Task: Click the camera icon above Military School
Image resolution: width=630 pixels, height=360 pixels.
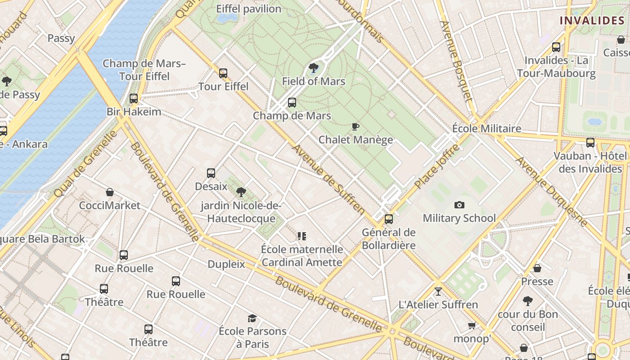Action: [x=459, y=205]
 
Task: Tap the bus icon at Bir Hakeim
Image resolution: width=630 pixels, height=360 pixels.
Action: [x=134, y=98]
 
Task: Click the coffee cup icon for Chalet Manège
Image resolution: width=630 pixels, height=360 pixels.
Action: [x=355, y=127]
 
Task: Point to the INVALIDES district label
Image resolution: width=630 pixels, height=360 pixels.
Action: [x=592, y=20]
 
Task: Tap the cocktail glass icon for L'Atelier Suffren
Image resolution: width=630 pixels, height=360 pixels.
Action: [x=438, y=292]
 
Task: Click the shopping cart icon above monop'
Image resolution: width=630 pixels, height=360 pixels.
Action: [x=472, y=326]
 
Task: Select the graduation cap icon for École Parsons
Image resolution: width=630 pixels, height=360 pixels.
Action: [x=252, y=319]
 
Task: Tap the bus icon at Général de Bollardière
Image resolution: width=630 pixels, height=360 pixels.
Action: [x=388, y=219]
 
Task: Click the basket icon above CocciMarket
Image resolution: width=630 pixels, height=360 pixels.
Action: [x=109, y=193]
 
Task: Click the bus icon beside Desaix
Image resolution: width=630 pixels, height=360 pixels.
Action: [x=211, y=173]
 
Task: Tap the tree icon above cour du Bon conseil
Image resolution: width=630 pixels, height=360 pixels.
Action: [x=527, y=301]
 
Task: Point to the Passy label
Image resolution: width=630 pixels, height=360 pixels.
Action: [x=61, y=38]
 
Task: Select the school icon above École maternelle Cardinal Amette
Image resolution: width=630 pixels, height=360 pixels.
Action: [x=302, y=236]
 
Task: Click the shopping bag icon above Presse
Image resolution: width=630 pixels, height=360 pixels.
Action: [x=537, y=269]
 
